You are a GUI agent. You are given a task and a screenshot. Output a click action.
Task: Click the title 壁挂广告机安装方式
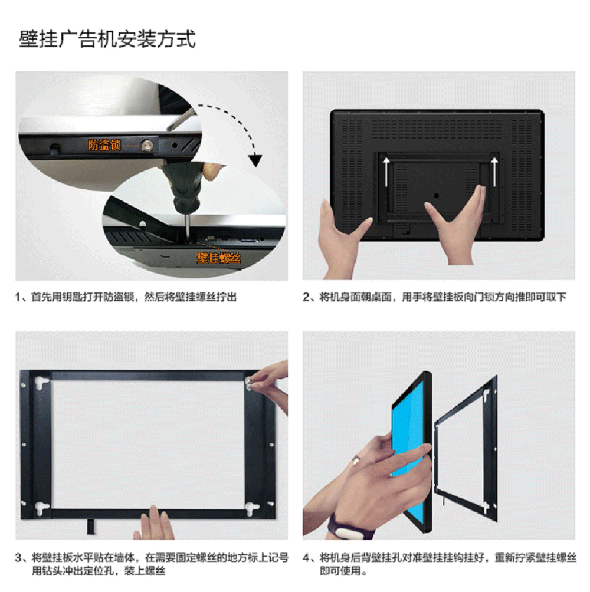point(107,40)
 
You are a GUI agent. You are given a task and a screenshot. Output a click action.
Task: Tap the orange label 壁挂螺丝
point(219,256)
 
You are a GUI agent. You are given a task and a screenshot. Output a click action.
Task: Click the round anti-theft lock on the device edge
point(146,142)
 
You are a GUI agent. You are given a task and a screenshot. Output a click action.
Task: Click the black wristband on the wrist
point(348,526)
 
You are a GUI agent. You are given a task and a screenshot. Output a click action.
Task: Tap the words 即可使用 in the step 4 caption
point(339,571)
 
